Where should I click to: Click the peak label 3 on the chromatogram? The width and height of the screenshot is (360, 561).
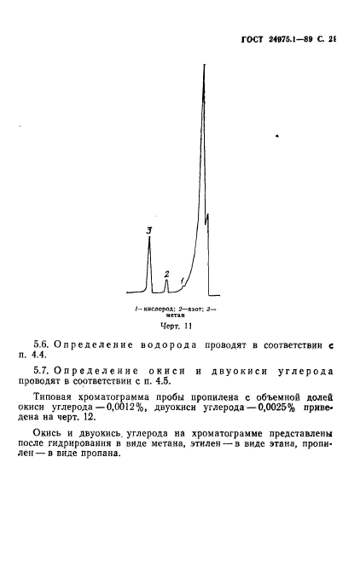pos(149,230)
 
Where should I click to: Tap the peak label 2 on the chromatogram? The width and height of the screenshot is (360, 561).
pos(166,273)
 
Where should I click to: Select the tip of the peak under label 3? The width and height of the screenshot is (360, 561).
pos(149,240)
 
